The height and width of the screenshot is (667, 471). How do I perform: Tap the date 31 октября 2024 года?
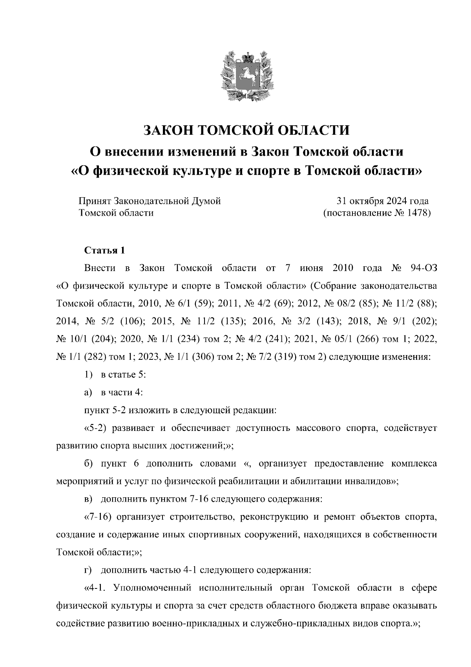click(x=382, y=201)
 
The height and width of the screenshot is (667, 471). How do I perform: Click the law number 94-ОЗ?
click(x=423, y=268)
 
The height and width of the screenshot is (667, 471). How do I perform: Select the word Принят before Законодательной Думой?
click(x=95, y=201)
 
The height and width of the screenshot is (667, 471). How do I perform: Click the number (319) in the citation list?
click(x=285, y=357)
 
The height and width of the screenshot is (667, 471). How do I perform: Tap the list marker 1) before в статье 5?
click(x=88, y=375)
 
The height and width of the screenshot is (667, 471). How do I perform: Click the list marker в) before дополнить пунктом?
click(x=88, y=499)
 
